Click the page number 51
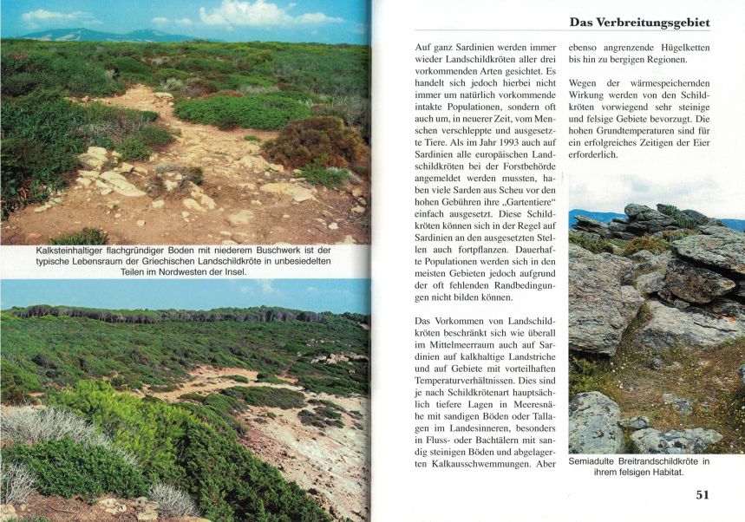click(x=702, y=495)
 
